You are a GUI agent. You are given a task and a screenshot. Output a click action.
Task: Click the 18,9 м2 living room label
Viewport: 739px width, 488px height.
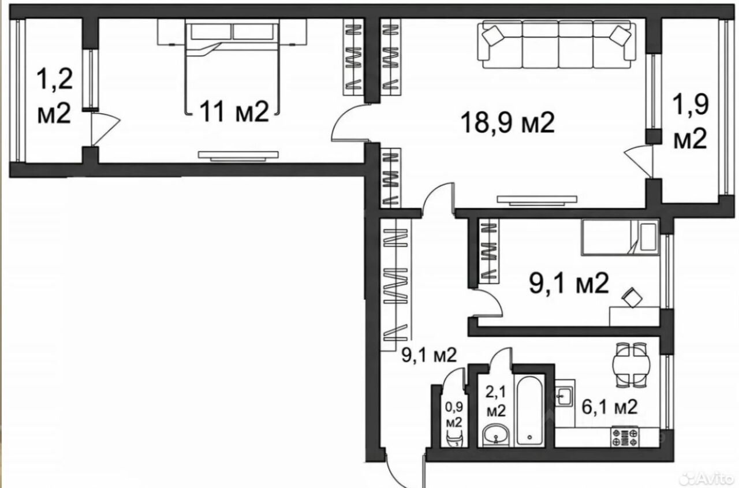(507, 123)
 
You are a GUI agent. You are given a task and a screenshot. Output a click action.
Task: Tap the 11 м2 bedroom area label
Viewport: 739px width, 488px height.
(234, 112)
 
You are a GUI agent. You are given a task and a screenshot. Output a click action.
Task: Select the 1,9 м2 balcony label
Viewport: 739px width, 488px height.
(690, 121)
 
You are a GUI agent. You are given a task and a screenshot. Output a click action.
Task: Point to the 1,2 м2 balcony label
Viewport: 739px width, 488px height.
(54, 96)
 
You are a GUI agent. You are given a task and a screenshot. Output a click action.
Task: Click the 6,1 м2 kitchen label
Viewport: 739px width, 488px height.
(609, 407)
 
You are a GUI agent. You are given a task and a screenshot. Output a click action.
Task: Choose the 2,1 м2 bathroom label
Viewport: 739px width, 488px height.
(496, 401)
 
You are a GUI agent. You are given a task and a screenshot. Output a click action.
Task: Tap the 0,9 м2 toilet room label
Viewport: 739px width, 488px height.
(454, 415)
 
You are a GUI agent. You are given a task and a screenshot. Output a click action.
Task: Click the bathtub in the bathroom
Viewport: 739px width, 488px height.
(529, 411)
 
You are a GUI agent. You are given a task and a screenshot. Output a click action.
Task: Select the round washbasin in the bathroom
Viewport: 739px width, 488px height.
(496, 435)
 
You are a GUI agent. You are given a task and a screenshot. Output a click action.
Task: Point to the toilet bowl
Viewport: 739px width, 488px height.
(454, 439)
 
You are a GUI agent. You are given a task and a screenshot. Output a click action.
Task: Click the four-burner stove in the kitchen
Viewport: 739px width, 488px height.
(625, 437)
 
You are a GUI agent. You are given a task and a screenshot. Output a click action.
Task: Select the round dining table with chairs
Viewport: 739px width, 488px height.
(631, 365)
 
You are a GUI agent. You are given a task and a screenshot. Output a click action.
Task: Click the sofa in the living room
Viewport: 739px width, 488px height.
(557, 44)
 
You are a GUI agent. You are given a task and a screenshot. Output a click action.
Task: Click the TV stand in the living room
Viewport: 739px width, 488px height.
(537, 200)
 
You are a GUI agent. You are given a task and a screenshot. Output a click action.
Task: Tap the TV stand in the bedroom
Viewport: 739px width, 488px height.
(238, 156)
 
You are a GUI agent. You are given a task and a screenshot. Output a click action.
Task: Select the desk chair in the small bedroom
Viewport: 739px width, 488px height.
(632, 297)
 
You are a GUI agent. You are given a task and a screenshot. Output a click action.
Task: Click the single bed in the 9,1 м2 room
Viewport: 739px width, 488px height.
(620, 237)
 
